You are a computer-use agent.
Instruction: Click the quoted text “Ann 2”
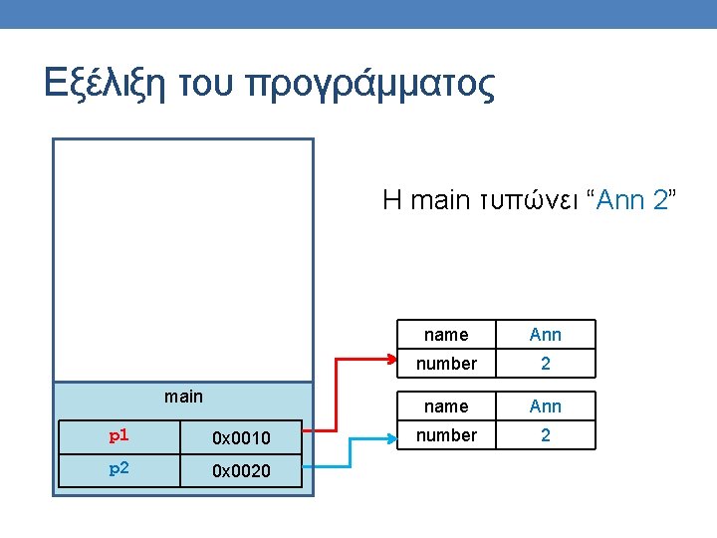pyautogui.click(x=635, y=200)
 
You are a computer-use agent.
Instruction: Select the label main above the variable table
pyautogui.click(x=183, y=397)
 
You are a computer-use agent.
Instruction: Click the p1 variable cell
pyautogui.click(x=118, y=436)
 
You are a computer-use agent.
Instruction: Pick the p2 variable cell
pyautogui.click(x=118, y=469)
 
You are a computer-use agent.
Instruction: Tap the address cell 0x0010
pyautogui.click(x=240, y=437)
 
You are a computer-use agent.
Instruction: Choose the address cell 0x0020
pyautogui.click(x=240, y=470)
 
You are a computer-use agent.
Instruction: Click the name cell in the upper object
pyautogui.click(x=446, y=335)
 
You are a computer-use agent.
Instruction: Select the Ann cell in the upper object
pyautogui.click(x=545, y=335)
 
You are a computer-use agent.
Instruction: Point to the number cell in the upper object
pyautogui.click(x=446, y=364)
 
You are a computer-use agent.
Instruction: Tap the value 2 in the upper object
pyautogui.click(x=545, y=364)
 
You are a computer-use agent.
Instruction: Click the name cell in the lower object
pyautogui.click(x=446, y=406)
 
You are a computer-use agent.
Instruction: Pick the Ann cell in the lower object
pyautogui.click(x=545, y=406)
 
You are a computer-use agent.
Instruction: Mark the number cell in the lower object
pyautogui.click(x=446, y=435)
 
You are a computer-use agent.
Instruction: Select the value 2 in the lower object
pyautogui.click(x=545, y=435)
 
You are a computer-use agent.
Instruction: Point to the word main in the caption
pyautogui.click(x=438, y=200)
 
